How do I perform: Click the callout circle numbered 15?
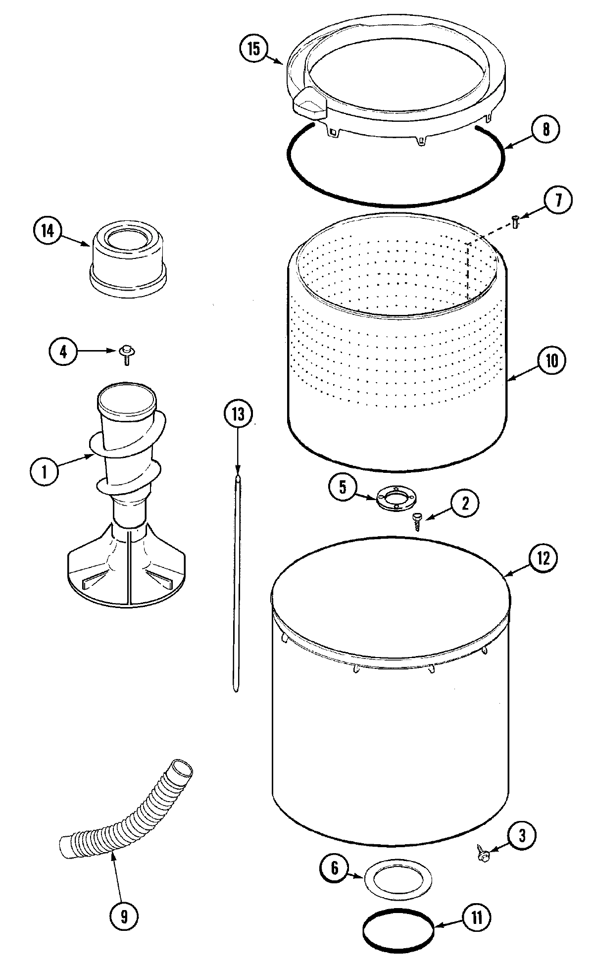253,49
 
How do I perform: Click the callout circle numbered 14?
47,231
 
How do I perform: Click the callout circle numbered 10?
551,360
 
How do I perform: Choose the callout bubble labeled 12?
543,558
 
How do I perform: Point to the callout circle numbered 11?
476,917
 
